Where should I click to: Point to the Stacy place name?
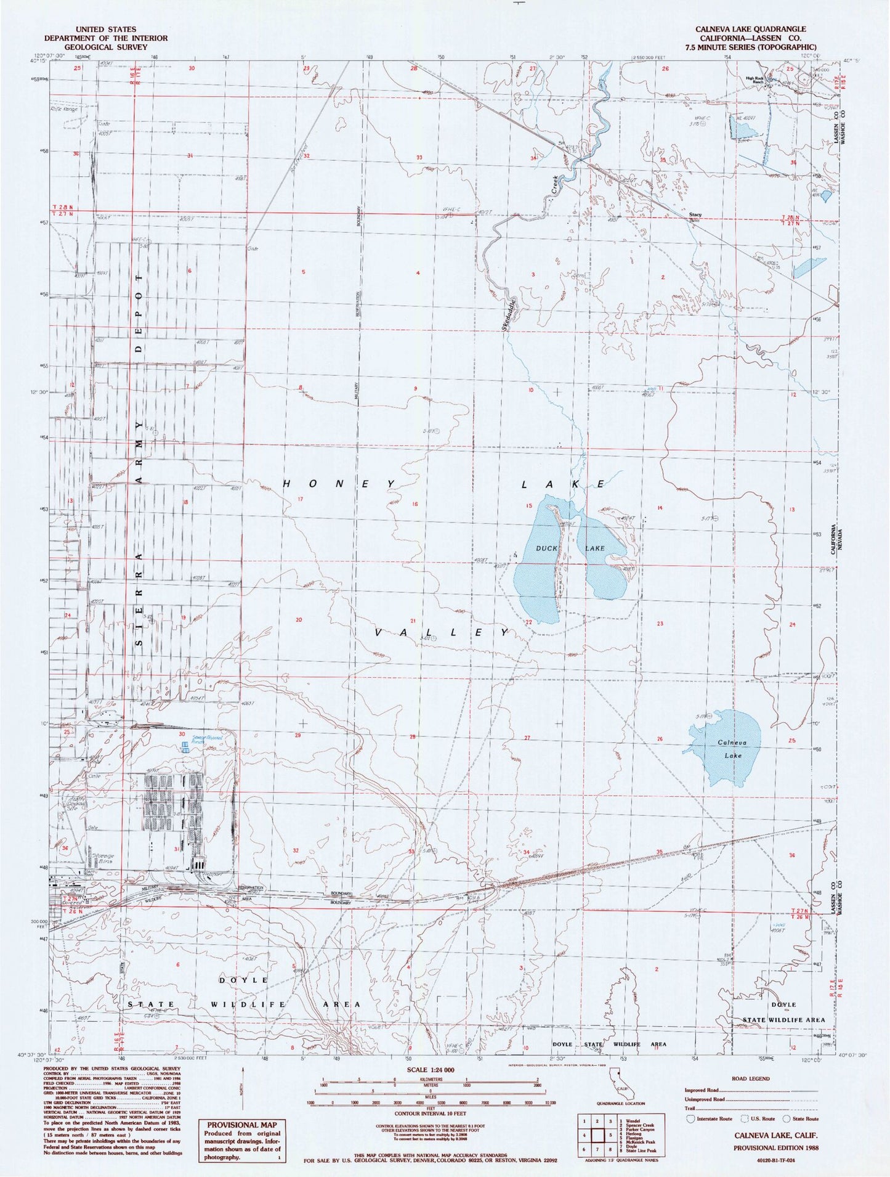click(695, 215)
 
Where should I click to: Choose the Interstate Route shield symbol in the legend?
click(691, 1118)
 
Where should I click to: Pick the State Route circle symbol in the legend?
click(786, 1118)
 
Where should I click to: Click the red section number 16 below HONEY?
click(415, 504)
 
